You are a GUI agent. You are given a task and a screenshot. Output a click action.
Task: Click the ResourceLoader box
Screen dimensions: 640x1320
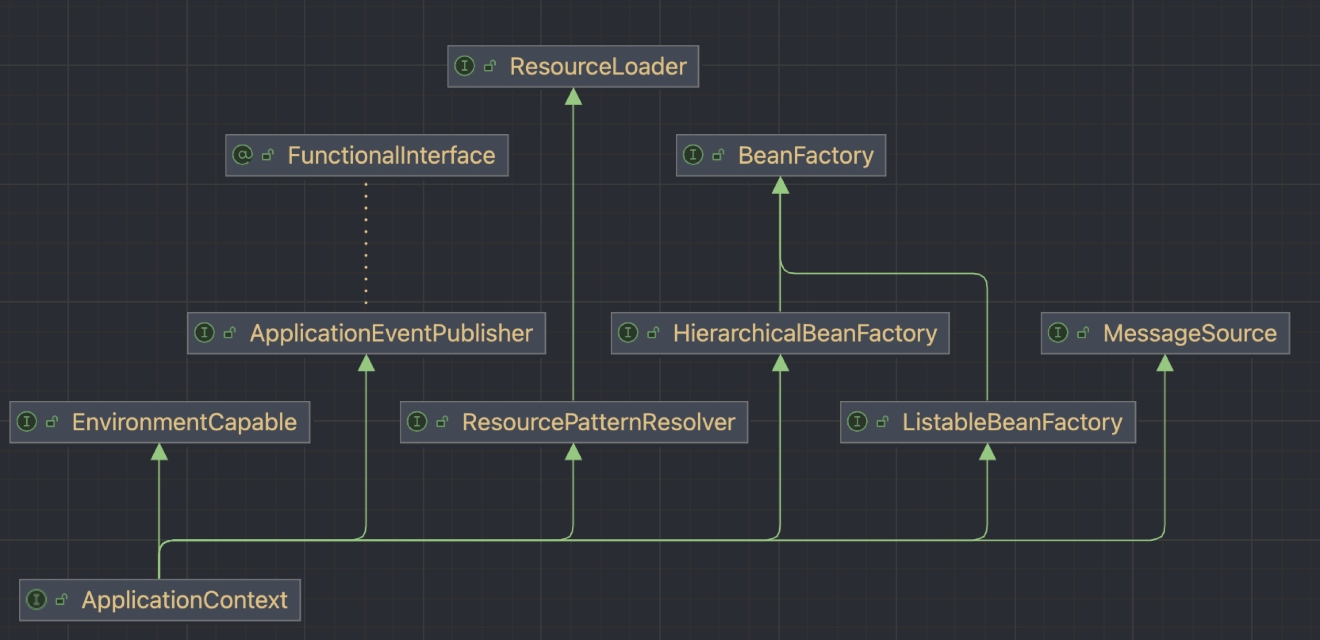point(573,67)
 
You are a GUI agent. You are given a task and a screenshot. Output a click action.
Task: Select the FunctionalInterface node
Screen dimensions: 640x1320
point(367,155)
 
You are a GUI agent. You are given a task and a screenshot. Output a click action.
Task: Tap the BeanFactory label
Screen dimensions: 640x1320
point(806,155)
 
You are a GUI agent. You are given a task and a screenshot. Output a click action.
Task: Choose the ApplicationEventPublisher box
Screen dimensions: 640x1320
point(366,333)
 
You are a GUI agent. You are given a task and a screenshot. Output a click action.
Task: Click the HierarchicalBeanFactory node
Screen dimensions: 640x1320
point(780,333)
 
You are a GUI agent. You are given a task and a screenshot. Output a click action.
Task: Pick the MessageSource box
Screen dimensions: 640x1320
point(1165,333)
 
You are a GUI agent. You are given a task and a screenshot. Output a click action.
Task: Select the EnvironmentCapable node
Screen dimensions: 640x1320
point(159,422)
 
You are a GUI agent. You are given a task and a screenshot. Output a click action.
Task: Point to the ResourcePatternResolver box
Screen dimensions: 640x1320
point(573,422)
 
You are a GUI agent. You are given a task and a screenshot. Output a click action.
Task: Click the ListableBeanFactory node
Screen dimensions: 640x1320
point(987,422)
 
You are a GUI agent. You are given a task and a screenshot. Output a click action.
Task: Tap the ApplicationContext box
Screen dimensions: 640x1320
point(159,600)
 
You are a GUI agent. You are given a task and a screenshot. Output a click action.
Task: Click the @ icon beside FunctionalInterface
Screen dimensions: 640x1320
point(242,155)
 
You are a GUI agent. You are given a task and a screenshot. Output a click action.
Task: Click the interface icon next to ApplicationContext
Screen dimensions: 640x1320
point(36,599)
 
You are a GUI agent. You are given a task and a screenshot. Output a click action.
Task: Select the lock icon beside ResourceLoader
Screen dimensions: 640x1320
point(489,66)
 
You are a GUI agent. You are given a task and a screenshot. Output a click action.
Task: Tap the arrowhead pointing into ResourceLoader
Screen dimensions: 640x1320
point(573,97)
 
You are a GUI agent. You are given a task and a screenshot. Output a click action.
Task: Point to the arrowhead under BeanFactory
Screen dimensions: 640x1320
point(780,186)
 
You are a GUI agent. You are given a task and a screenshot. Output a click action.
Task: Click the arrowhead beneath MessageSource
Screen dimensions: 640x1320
point(1165,363)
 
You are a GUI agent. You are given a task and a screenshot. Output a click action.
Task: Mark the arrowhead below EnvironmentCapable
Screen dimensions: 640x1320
point(159,452)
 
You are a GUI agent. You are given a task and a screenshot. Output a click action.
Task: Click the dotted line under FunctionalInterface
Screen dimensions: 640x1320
point(366,244)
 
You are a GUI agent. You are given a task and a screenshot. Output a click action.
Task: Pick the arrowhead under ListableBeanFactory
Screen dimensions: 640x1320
point(987,452)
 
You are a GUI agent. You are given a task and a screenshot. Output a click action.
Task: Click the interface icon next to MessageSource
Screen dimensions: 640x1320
point(1058,333)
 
